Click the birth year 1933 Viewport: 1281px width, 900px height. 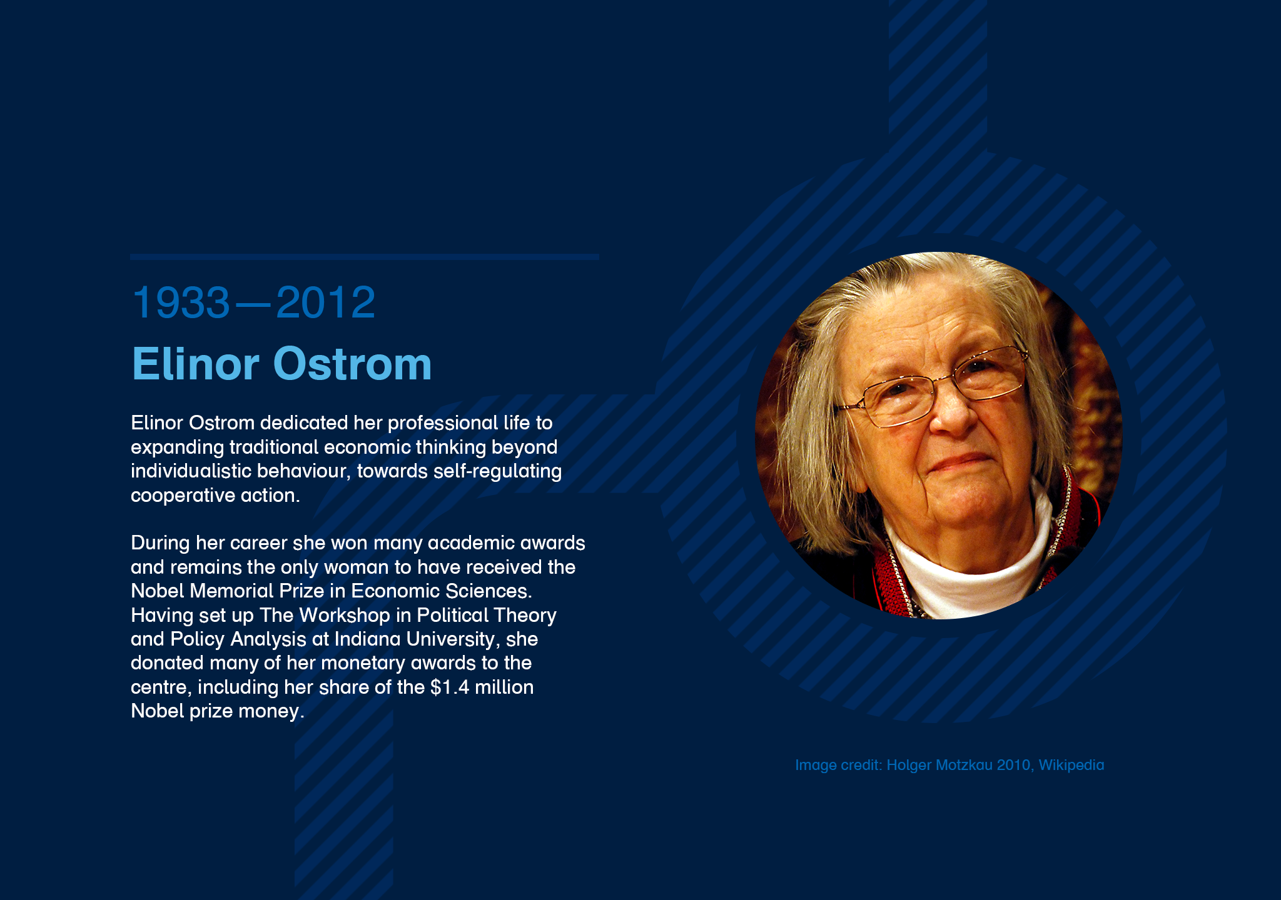pos(181,302)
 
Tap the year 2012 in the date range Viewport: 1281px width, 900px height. pos(325,302)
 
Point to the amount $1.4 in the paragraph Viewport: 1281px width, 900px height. pos(450,687)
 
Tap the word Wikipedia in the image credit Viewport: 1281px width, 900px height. pos(1071,765)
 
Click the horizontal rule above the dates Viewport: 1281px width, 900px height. pos(365,257)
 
